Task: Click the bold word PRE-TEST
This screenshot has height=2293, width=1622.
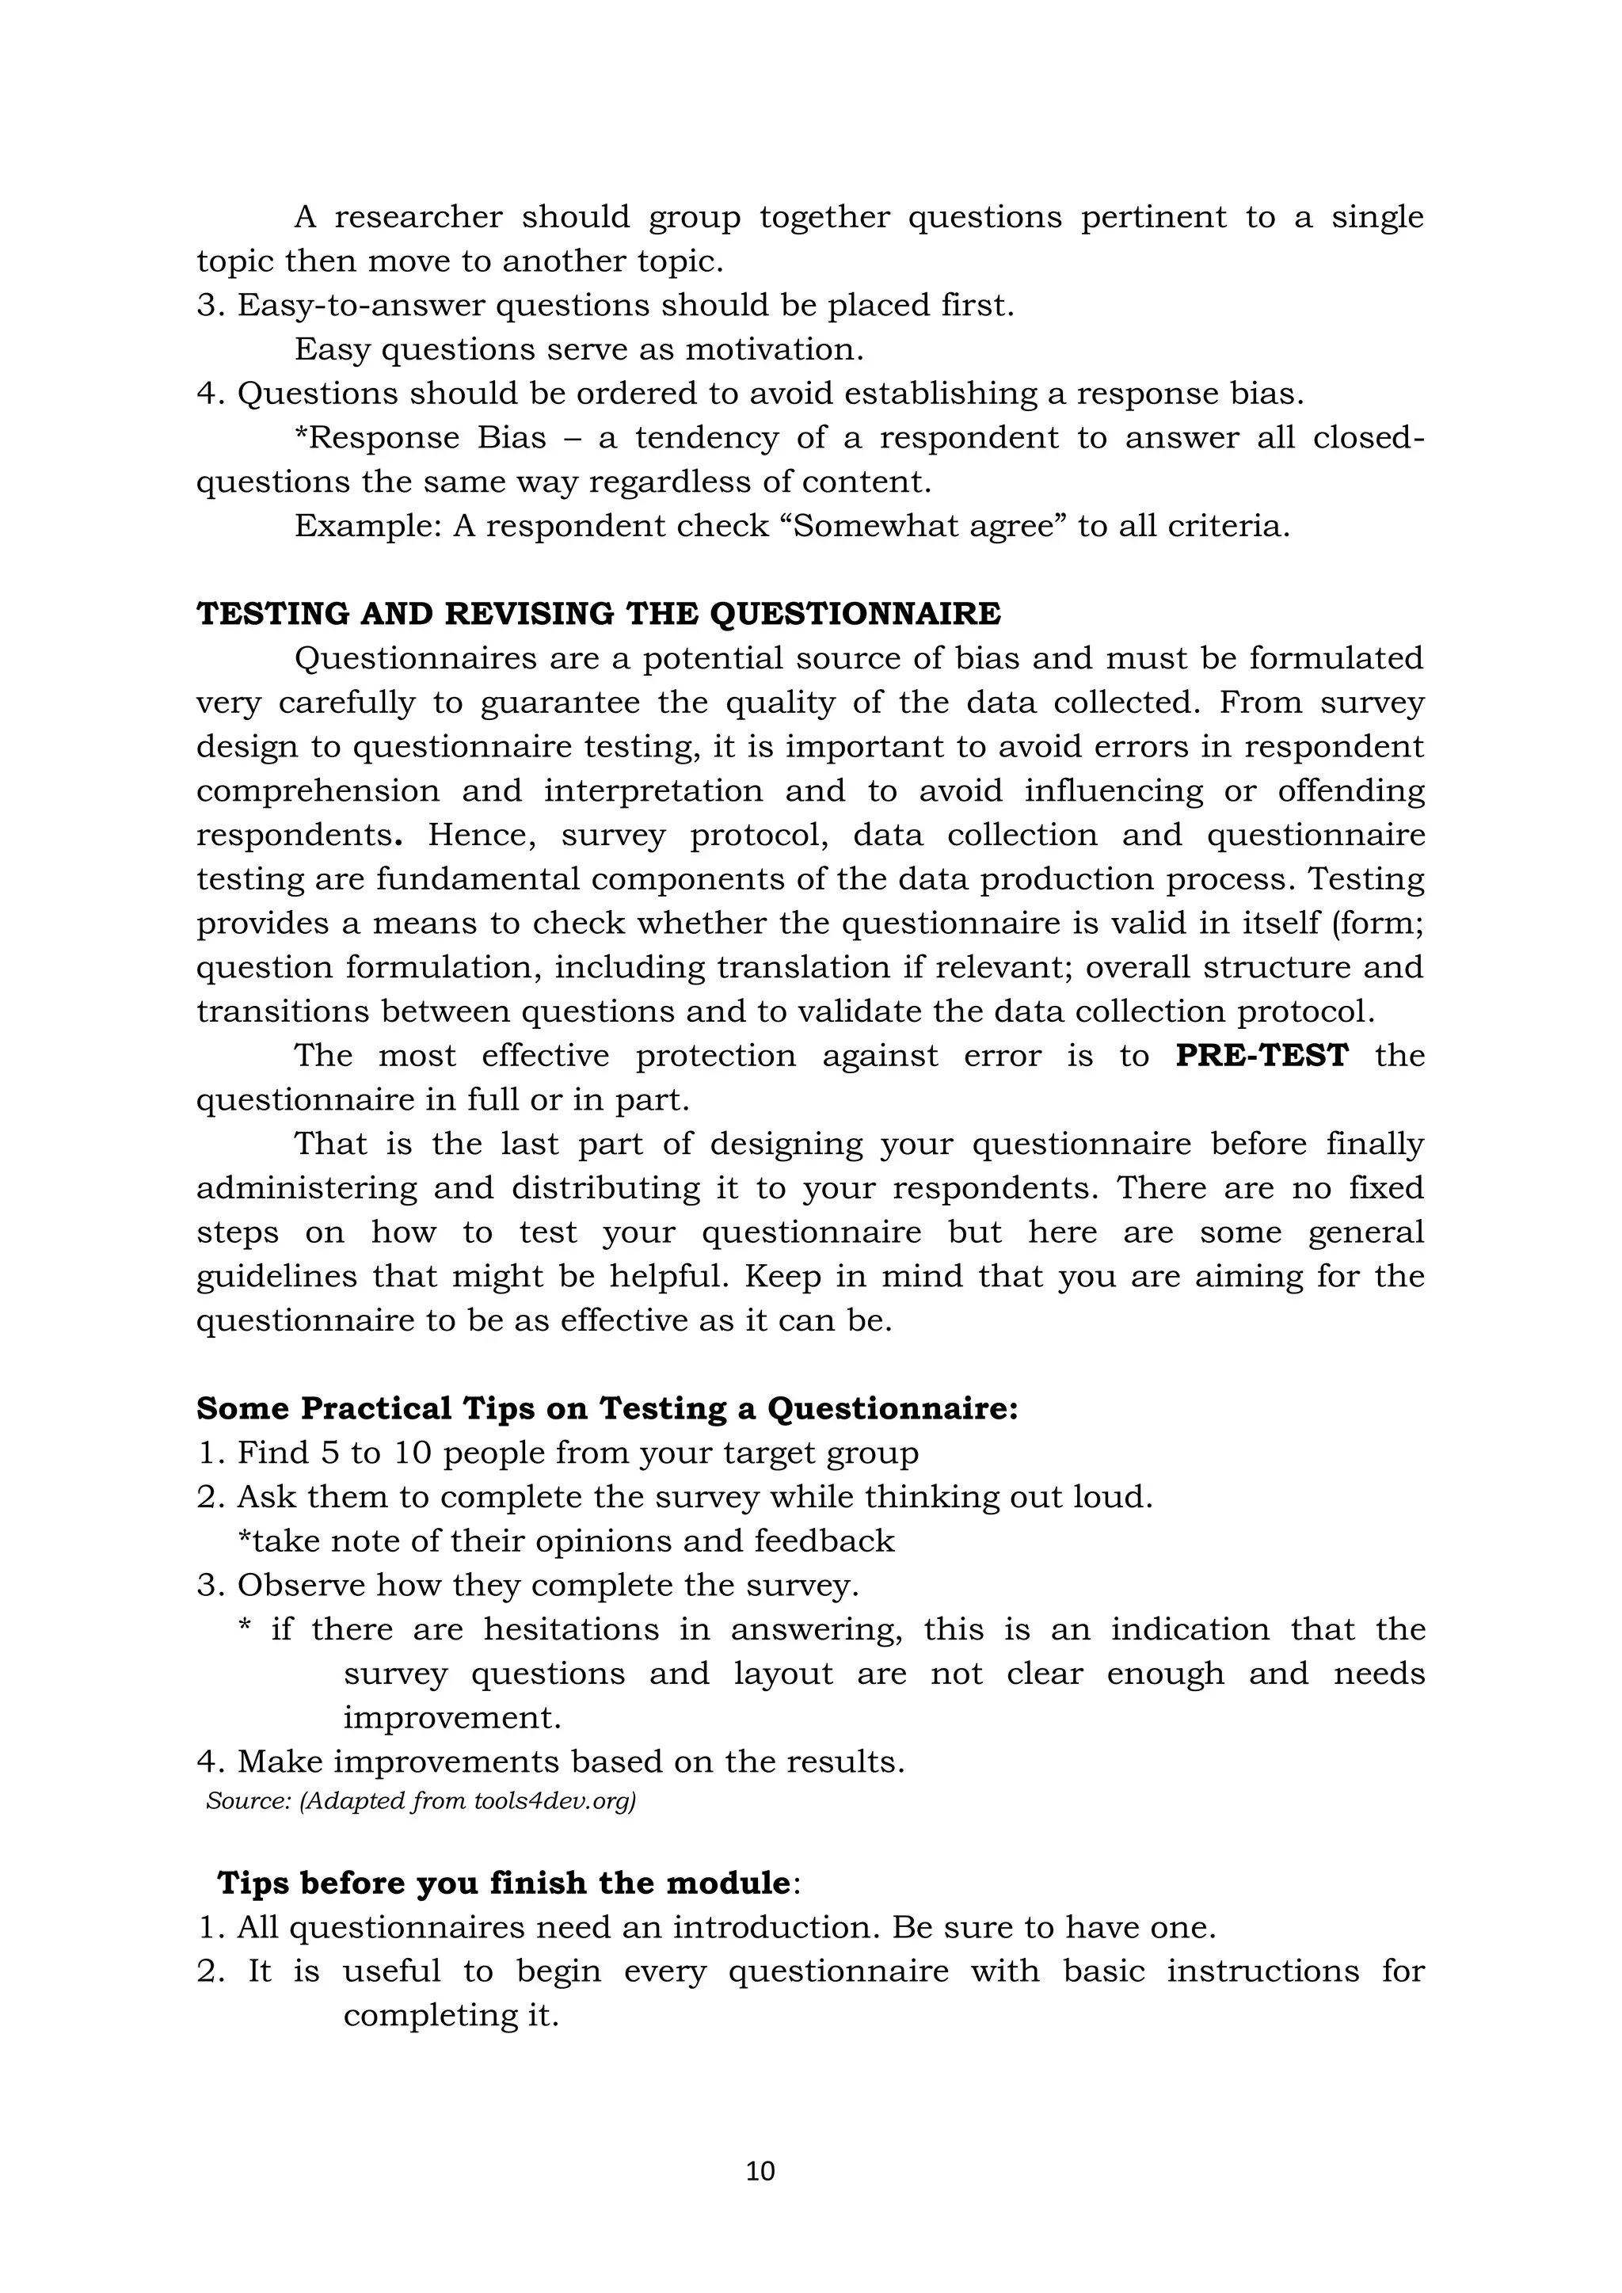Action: click(1262, 1056)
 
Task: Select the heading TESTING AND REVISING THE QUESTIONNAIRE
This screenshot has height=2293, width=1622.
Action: click(598, 613)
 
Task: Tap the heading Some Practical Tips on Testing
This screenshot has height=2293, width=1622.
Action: click(607, 1408)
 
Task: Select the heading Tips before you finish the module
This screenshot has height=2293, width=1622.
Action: click(508, 1883)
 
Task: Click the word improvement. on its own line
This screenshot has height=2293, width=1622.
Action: click(452, 1718)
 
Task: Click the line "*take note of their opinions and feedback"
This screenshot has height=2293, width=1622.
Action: click(565, 1541)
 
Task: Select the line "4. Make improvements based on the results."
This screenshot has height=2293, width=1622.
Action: click(550, 1762)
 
